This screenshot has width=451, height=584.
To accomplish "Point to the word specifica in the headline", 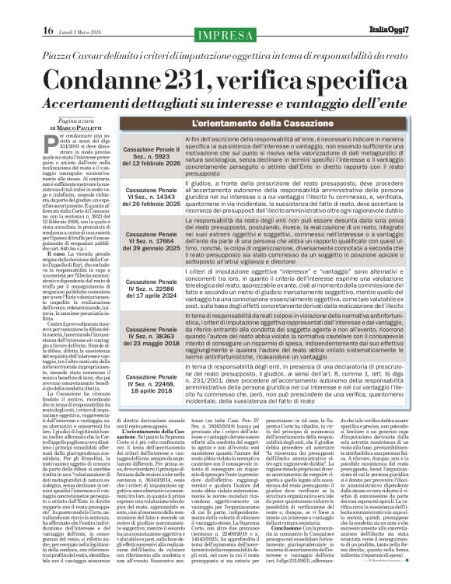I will pyautogui.click(x=366, y=81).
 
